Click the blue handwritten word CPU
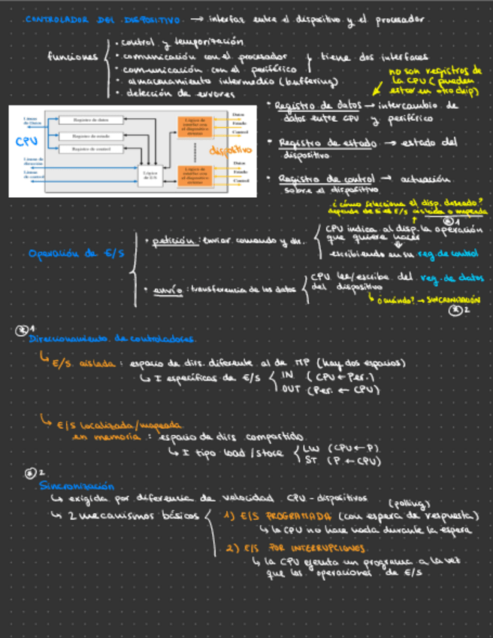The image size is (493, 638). coord(22,141)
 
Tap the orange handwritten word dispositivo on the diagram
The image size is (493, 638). coord(229,151)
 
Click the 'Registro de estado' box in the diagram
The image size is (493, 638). coord(92,135)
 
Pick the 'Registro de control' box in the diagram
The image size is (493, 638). coord(92,150)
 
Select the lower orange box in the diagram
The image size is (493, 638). coord(198,175)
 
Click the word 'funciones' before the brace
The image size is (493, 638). coord(72,57)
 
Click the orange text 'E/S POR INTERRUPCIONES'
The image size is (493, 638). coord(276,548)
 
